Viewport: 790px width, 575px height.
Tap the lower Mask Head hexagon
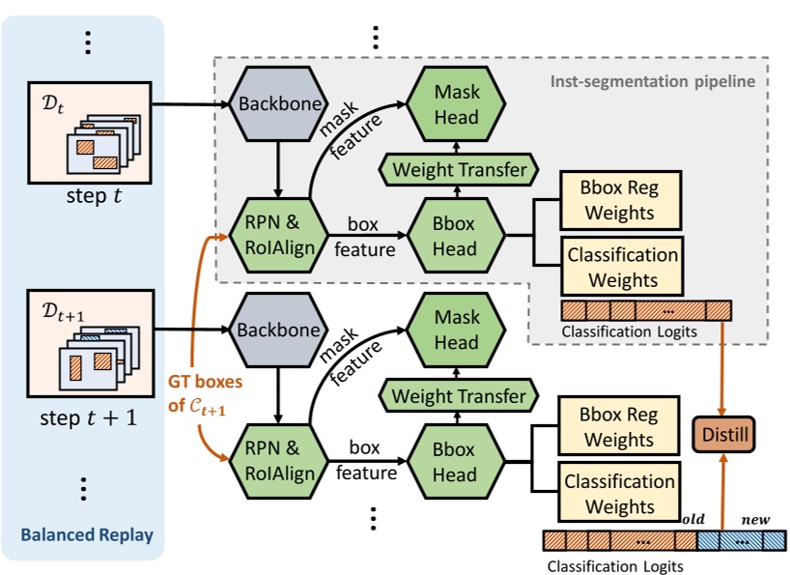tap(457, 330)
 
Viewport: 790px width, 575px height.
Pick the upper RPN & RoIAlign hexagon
tap(277, 236)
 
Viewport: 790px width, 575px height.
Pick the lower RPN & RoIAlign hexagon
tap(277, 461)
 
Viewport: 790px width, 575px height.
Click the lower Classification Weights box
tap(620, 494)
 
